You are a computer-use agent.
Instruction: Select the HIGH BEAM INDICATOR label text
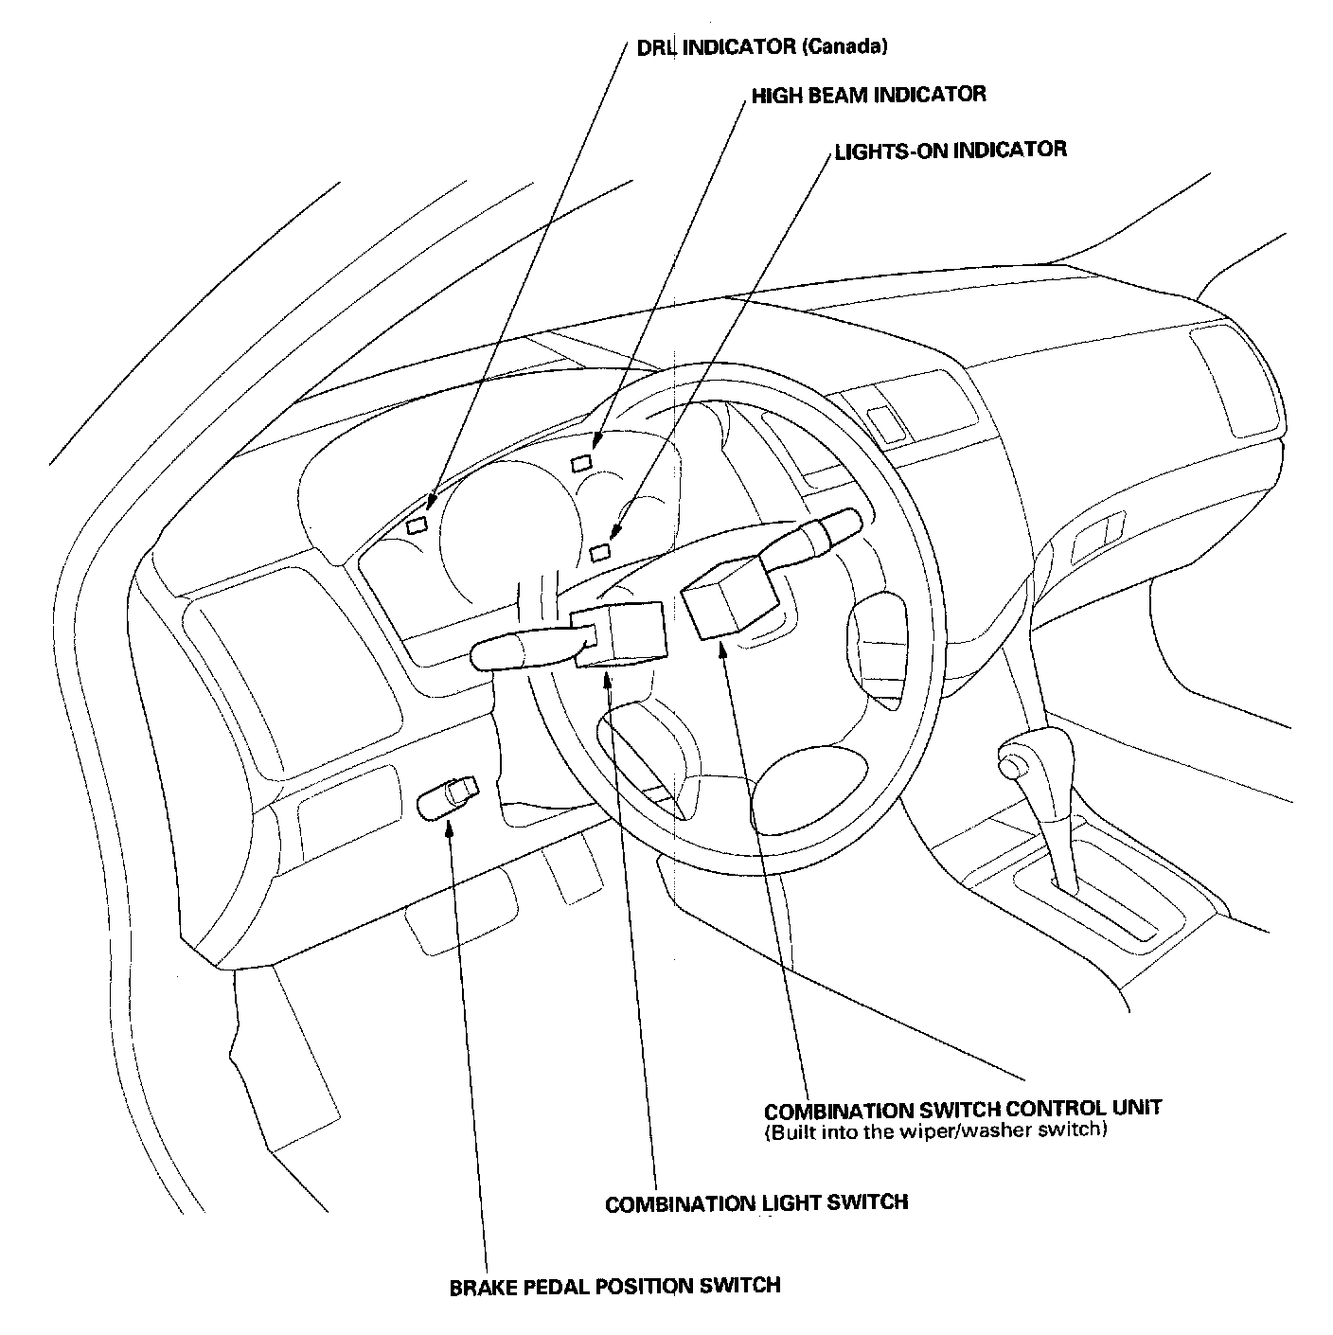pos(868,95)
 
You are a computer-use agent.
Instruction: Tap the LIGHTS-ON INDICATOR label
pos(950,150)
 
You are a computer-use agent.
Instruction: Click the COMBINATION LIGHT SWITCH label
pos(756,1202)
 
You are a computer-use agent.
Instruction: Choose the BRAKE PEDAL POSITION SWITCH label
pos(614,1285)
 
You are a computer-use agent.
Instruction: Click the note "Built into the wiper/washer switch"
pos(934,1130)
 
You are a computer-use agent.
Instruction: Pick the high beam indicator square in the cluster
pos(580,462)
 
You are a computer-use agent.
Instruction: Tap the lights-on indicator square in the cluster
pos(599,551)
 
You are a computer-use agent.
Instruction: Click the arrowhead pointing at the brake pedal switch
pos(451,819)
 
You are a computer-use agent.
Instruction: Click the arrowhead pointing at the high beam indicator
pos(597,438)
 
